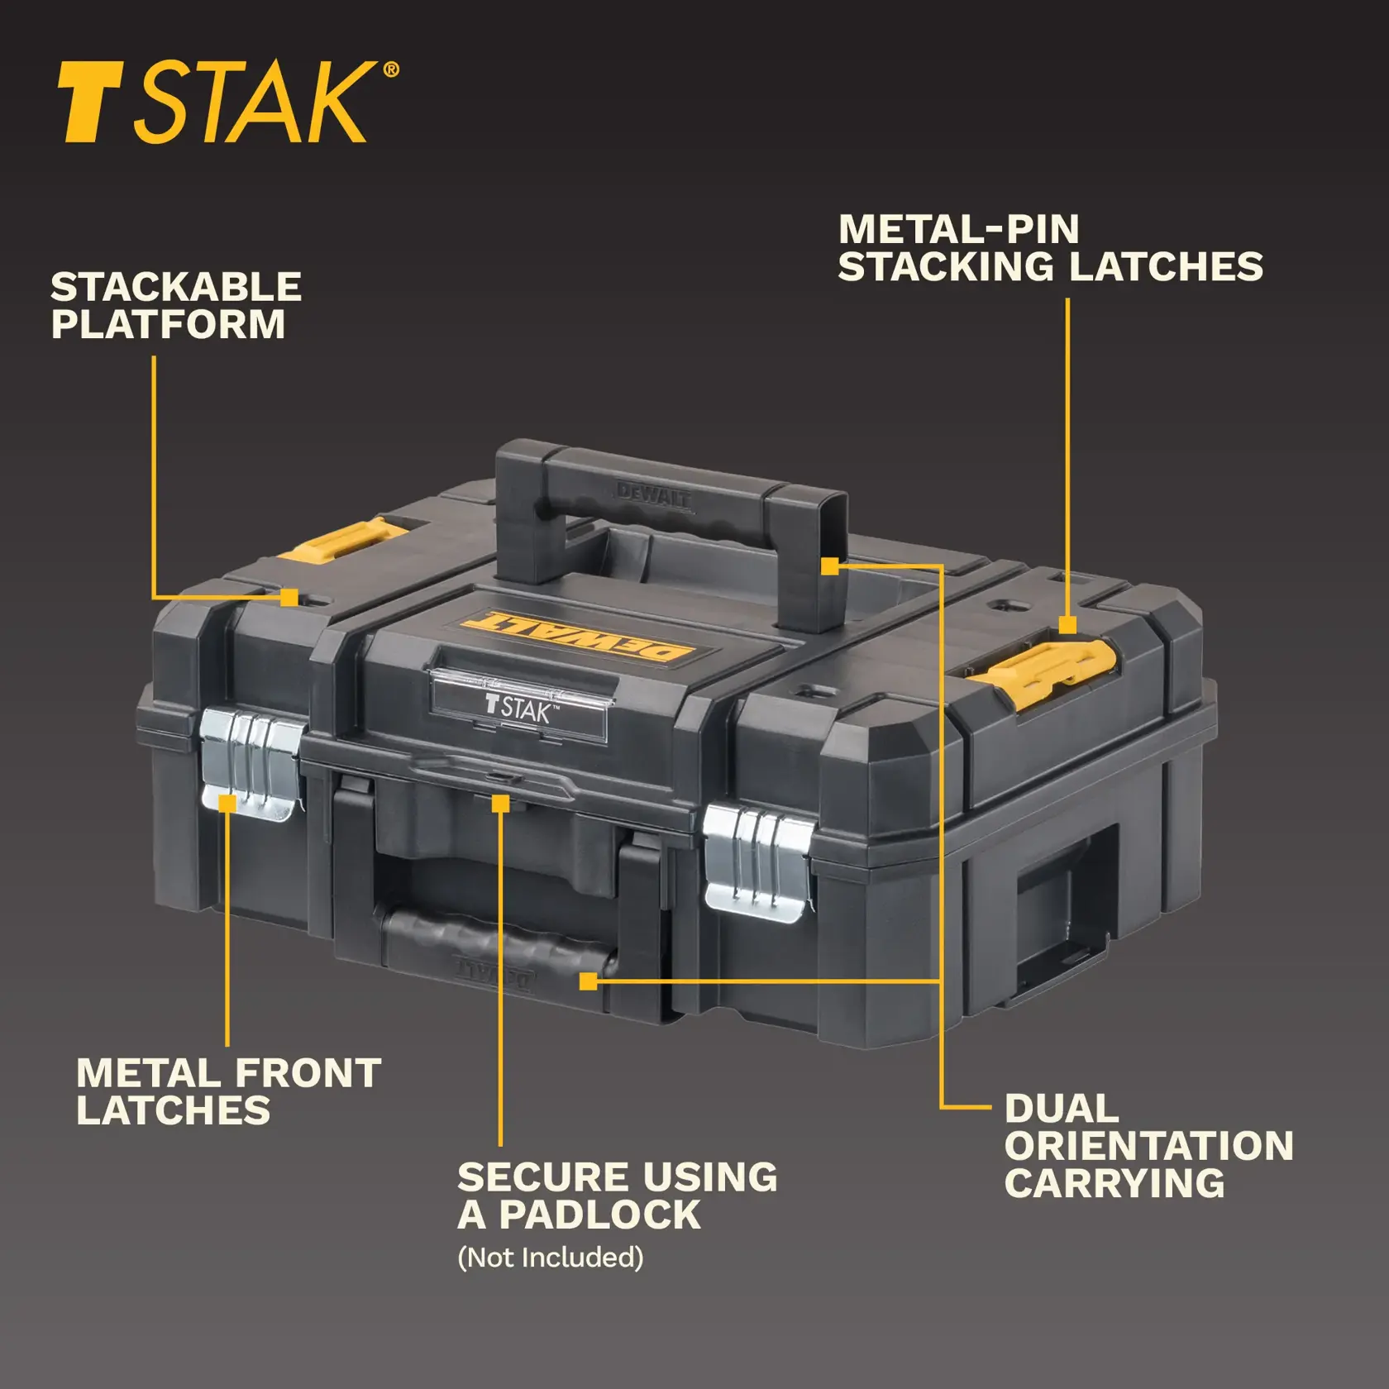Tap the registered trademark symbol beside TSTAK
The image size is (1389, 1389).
coord(390,70)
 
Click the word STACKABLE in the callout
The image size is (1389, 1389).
coord(175,288)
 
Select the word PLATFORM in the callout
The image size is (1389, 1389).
coord(168,324)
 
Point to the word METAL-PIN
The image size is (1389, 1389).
coord(958,230)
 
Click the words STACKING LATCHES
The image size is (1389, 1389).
coord(1050,267)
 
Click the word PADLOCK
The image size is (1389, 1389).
coord(600,1215)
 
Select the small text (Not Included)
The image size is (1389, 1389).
coord(550,1258)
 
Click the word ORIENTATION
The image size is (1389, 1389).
coord(1148,1146)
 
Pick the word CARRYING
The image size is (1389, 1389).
coord(1114,1183)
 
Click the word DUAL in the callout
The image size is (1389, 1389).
coord(1061,1109)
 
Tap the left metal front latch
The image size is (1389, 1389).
coord(251,763)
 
